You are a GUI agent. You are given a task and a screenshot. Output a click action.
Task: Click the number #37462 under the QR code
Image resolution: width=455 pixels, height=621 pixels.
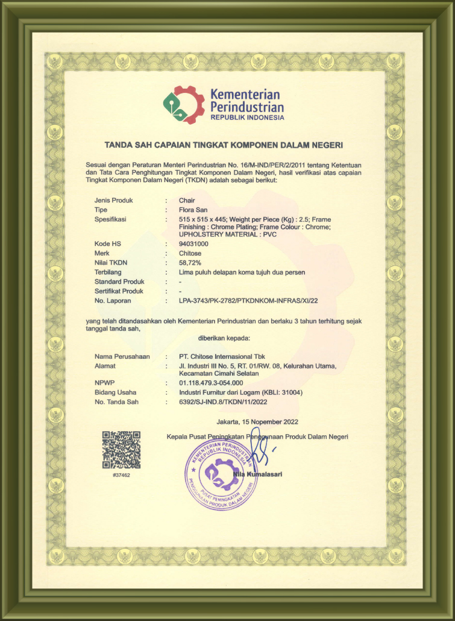click(x=121, y=475)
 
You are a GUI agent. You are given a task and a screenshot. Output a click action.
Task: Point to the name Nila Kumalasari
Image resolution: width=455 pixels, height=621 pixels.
click(x=257, y=474)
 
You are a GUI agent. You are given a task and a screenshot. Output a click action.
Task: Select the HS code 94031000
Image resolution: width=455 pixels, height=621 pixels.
click(x=194, y=244)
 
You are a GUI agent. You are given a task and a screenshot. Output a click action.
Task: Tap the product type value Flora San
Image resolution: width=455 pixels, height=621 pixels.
click(x=193, y=209)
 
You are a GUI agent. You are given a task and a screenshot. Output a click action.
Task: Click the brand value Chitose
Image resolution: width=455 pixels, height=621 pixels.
click(x=190, y=253)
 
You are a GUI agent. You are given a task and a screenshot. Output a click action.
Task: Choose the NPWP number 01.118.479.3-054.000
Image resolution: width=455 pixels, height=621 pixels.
click(x=211, y=383)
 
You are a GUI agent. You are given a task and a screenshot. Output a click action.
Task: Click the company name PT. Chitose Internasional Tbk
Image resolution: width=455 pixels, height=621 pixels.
click(x=226, y=356)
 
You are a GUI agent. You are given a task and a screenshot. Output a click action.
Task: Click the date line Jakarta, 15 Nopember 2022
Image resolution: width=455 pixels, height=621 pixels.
click(x=257, y=422)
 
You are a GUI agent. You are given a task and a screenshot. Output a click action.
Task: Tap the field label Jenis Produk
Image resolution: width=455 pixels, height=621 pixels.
click(x=113, y=200)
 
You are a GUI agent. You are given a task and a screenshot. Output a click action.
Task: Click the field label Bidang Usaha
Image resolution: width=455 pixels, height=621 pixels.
click(x=115, y=392)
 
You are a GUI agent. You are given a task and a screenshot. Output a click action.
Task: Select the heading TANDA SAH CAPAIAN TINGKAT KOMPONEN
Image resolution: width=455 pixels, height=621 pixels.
click(x=224, y=145)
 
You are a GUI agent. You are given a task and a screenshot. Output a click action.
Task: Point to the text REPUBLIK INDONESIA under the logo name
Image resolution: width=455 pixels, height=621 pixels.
click(x=247, y=118)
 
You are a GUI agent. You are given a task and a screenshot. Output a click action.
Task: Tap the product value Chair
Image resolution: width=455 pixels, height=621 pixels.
click(x=187, y=200)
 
